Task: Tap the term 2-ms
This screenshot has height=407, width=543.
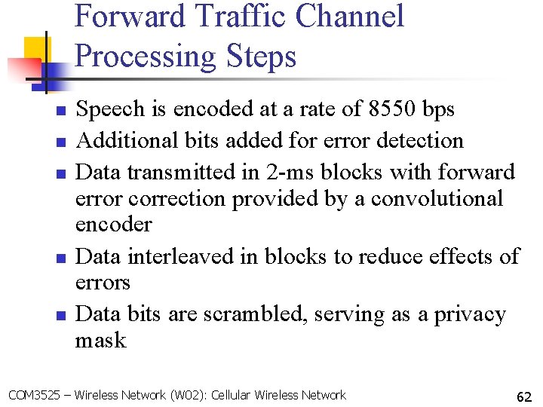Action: pos(295,173)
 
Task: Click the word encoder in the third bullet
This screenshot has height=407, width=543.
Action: pos(114,225)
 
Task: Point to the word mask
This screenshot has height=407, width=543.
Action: pos(101,341)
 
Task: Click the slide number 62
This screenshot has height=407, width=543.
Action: pos(524,396)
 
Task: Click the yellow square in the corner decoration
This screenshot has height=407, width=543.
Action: pos(33,48)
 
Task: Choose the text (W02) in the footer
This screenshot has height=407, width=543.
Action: pos(189,396)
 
